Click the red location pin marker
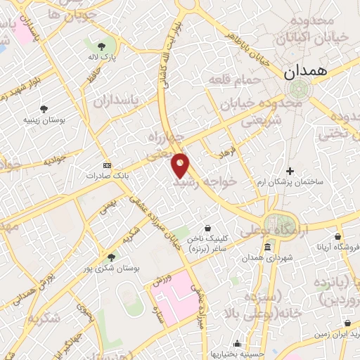181,165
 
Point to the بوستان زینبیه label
44,120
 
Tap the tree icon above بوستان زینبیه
44,109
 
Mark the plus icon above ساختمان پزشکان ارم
290,171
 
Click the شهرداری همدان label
268,258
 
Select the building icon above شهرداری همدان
268,247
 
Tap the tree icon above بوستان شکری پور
108,257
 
